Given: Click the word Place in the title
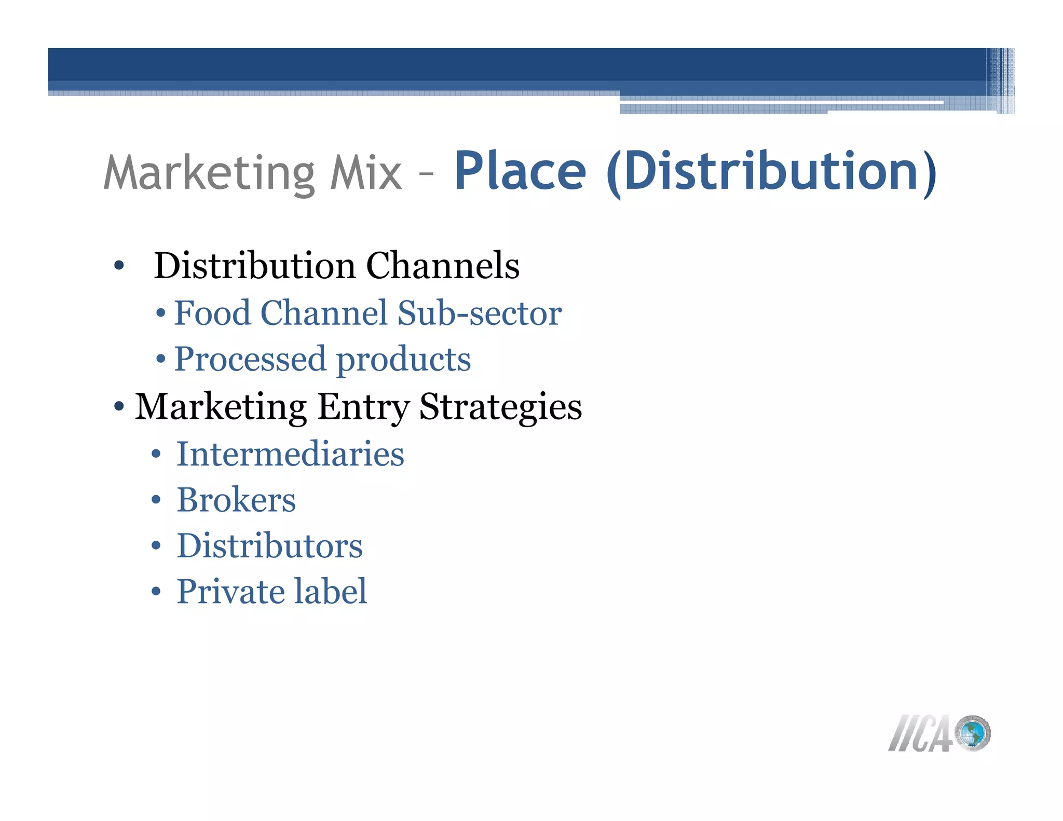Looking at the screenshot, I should (520, 172).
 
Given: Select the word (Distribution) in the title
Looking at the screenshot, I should (771, 173).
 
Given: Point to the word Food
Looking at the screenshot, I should (212, 313).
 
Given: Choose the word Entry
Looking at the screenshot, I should (363, 407).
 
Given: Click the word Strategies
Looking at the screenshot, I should (500, 407).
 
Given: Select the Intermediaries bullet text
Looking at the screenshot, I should (290, 454).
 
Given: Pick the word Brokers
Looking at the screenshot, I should (236, 500).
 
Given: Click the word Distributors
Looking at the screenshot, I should (269, 546).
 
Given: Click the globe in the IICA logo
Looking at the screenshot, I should (973, 733).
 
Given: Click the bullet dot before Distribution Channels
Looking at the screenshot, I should (119, 266).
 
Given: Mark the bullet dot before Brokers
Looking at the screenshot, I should (156, 501).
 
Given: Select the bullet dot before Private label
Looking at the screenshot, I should (156, 592).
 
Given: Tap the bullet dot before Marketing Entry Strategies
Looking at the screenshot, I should (119, 406).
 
